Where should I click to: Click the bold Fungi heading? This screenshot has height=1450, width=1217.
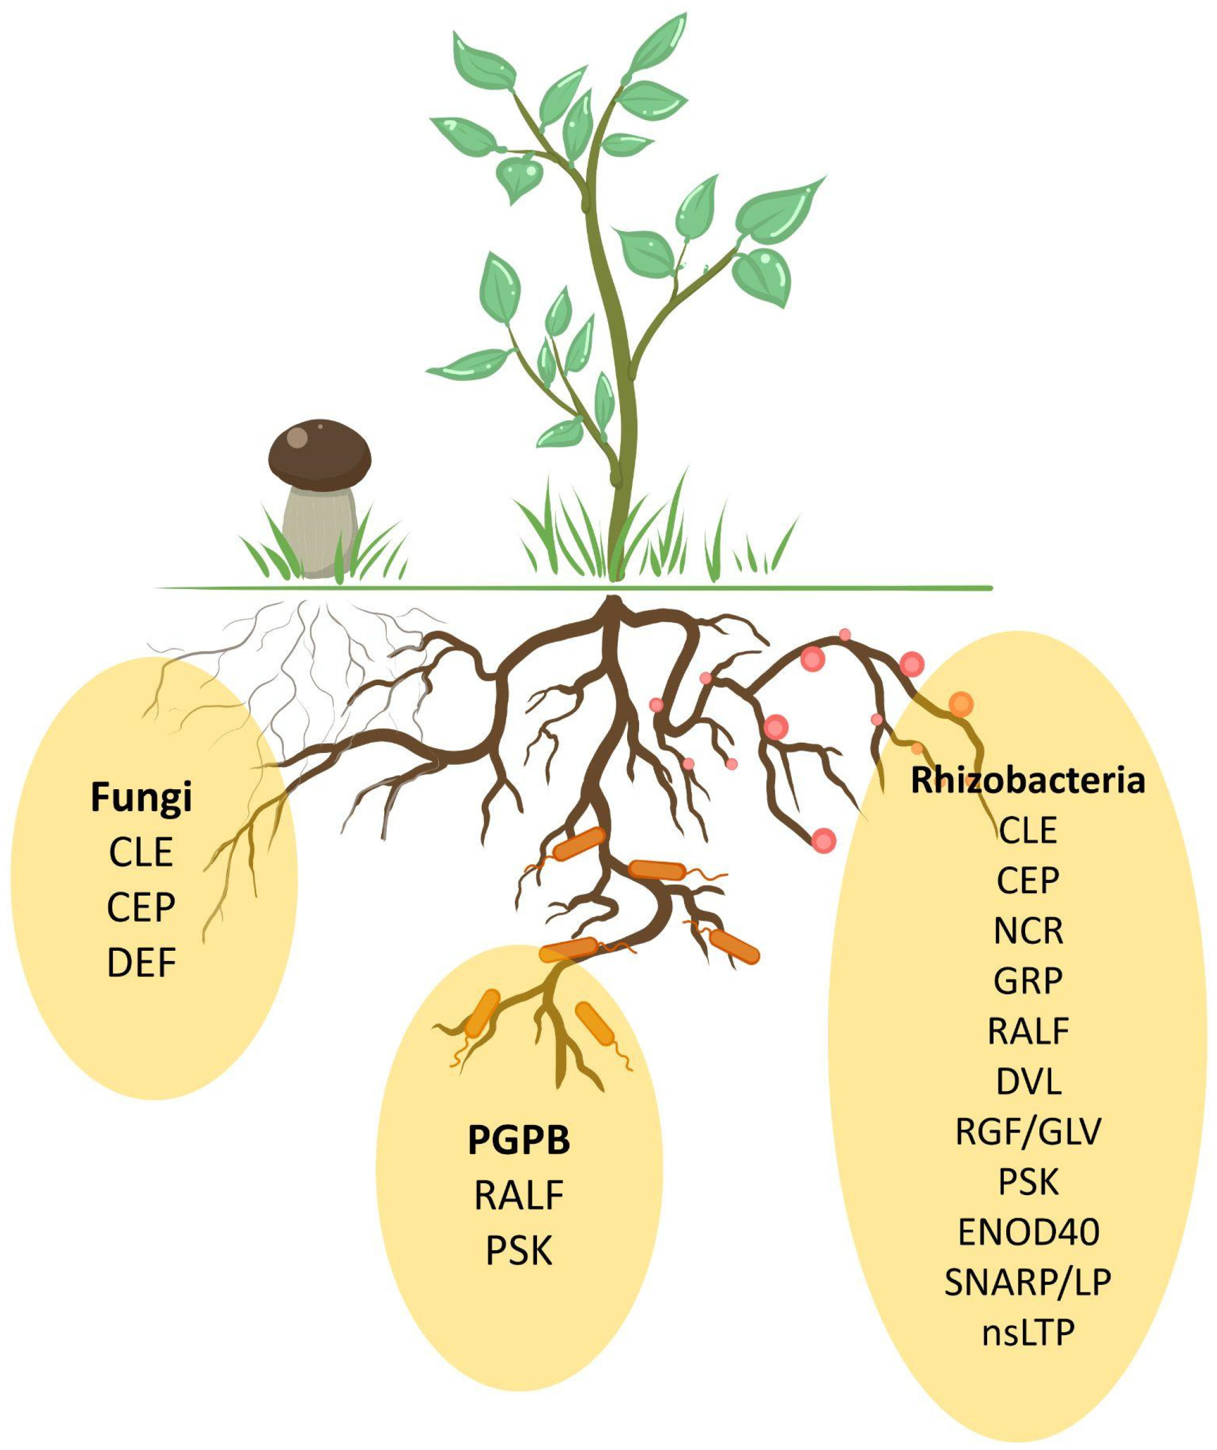(141, 798)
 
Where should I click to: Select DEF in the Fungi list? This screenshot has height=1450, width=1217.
(141, 963)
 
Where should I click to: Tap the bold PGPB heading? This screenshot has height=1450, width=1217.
(519, 1140)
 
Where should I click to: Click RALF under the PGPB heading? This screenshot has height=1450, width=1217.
(519, 1195)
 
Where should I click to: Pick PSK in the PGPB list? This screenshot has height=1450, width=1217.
(519, 1250)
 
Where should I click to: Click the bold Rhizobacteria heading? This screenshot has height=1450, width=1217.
(1028, 781)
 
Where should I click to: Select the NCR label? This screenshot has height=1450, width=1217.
(1028, 931)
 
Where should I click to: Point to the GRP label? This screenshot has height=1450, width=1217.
(1028, 981)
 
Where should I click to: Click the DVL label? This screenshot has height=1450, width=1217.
(1028, 1082)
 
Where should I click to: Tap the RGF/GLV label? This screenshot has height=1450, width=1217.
(1028, 1131)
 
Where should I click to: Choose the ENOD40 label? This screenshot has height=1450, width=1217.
(1028, 1232)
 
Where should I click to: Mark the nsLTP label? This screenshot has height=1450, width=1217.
(1028, 1332)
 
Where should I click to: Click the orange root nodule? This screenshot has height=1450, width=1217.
(960, 705)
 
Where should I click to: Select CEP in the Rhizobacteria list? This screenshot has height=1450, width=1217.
(1028, 880)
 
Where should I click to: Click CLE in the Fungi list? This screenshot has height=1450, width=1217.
(141, 852)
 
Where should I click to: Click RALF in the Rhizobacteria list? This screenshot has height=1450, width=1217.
(1028, 1031)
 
